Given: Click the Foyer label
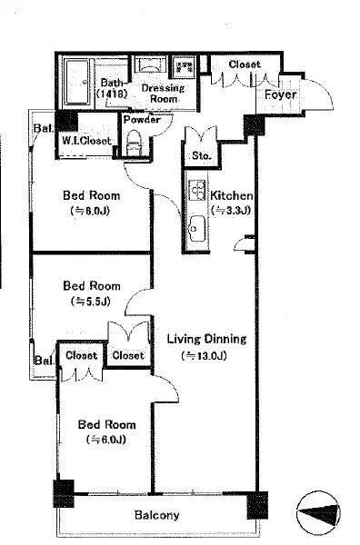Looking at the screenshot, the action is tap(280, 94).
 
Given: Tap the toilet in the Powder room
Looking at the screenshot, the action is tap(134, 144).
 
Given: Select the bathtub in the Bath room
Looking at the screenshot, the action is tap(78, 82).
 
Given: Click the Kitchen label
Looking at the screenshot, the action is tap(231, 195).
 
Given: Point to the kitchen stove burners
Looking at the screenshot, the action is tap(197, 190).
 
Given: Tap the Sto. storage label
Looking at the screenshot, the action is tap(202, 155).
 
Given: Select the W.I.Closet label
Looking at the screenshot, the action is tap(86, 141).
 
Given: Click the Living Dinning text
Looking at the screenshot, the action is tap(206, 339).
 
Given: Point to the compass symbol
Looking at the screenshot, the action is tap(318, 513).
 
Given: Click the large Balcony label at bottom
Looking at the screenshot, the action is tap(157, 515).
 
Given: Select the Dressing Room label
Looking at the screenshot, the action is tap(163, 94).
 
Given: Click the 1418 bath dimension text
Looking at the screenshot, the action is tap(112, 94).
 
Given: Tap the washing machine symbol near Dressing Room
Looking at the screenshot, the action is tap(184, 66).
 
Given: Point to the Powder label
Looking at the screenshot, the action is tap(142, 120).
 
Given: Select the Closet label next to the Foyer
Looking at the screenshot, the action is tap(245, 64).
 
